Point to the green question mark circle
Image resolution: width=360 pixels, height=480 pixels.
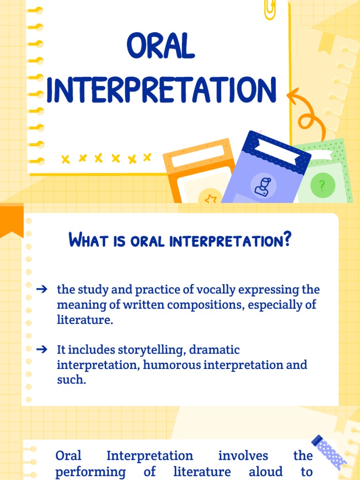point(322,186)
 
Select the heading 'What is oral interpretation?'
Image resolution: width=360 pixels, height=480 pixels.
point(180,241)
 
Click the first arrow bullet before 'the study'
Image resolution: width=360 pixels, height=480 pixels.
point(42,290)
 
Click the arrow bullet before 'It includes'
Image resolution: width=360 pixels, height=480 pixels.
point(42,349)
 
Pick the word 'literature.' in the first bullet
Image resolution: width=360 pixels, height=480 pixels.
point(85,320)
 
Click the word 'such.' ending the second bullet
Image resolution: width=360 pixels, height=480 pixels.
point(71,380)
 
